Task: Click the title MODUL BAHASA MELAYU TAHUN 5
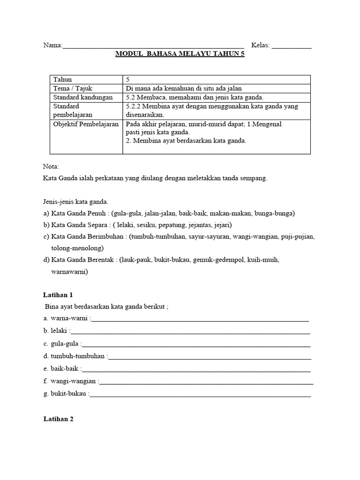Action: [180, 54]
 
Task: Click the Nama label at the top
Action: [52, 45]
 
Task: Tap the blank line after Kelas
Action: [291, 46]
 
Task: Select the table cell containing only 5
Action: [127, 79]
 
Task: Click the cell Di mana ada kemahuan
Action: [184, 89]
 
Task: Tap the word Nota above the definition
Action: [51, 166]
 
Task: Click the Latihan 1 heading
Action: [58, 295]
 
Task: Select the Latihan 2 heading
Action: [58, 420]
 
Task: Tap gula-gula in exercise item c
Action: [65, 344]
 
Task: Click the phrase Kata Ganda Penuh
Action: [77, 213]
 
